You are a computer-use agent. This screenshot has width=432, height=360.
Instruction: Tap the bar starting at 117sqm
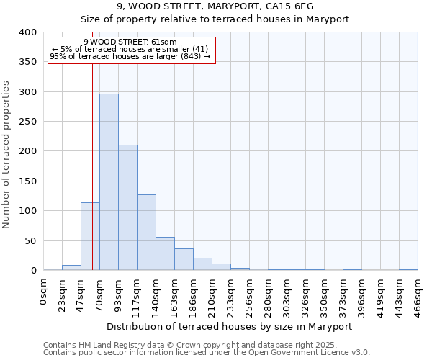pyautogui.click(x=146, y=233)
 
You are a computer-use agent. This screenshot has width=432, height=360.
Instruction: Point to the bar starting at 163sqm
pyautogui.click(x=184, y=259)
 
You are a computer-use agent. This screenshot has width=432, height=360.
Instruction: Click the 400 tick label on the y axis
pyautogui.click(x=27, y=32)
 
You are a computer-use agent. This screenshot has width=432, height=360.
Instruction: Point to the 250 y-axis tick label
pyautogui.click(x=27, y=122)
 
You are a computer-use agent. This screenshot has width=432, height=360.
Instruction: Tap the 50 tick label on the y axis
pyautogui.click(x=30, y=240)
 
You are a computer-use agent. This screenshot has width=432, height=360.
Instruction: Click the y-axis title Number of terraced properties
pyautogui.click(x=6, y=155)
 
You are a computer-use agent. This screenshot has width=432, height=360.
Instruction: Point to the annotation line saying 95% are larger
pyautogui.click(x=130, y=56)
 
